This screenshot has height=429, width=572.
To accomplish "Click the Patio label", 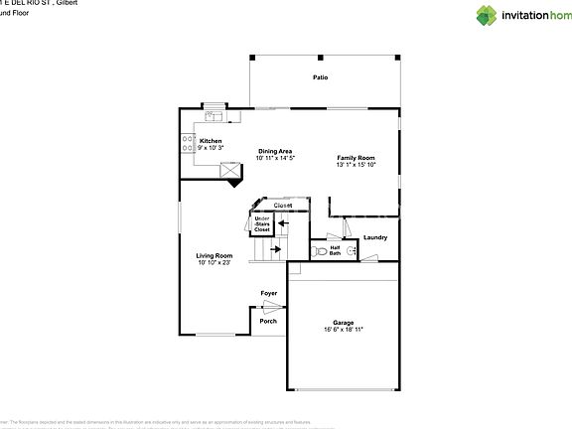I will (x=320, y=77).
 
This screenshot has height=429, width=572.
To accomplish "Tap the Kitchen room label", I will (x=211, y=141).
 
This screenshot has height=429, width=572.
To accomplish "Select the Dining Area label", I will (x=275, y=151).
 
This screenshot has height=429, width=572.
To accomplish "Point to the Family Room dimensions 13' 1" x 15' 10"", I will (x=356, y=166).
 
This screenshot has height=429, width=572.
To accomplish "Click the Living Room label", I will (x=214, y=255).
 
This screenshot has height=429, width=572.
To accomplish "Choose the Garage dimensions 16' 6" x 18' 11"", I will (x=343, y=329).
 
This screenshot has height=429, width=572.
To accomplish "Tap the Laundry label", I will (x=375, y=237).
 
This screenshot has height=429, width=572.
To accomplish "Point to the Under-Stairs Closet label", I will (x=262, y=223).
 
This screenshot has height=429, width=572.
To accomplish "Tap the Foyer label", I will (x=268, y=294).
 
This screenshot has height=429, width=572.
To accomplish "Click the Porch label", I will (x=268, y=321).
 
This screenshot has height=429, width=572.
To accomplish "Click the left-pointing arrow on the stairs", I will (x=283, y=223).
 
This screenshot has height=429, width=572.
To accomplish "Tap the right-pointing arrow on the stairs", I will (x=274, y=249).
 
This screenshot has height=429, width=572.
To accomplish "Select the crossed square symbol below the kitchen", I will (x=230, y=173).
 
